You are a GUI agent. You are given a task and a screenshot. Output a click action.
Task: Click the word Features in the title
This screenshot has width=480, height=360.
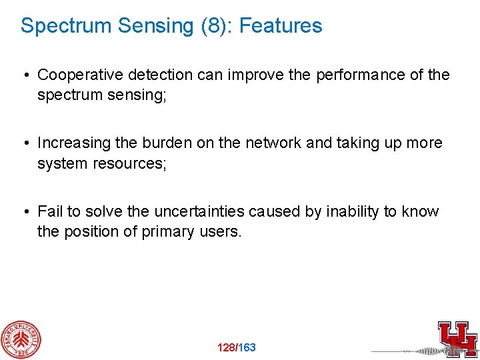[280, 26]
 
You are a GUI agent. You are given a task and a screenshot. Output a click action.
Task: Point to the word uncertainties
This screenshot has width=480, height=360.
[199, 212]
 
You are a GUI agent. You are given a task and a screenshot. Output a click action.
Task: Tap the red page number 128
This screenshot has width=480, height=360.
[227, 347]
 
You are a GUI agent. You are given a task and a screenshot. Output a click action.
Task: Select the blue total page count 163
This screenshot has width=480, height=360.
[247, 347]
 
